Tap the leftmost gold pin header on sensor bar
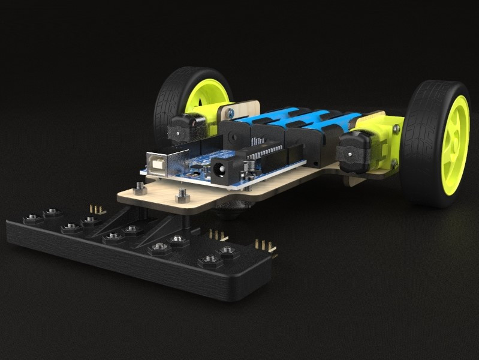tap(95, 208)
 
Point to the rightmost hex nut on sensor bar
tap(226, 250)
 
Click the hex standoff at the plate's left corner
tap(140, 189)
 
